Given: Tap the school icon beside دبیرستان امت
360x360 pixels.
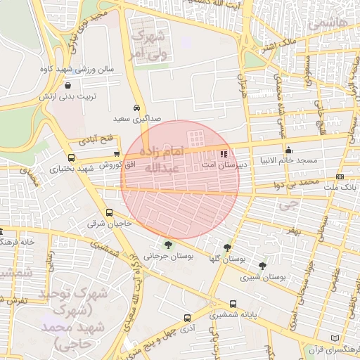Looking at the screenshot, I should [x=224, y=153].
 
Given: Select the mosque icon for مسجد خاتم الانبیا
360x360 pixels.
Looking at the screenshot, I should [x=289, y=150].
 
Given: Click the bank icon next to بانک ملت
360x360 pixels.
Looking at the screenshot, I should [x=340, y=176].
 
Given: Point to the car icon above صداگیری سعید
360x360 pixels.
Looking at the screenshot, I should [x=136, y=108].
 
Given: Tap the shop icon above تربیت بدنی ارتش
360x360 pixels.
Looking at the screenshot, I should [x=67, y=85].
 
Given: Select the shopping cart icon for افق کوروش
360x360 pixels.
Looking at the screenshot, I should [x=117, y=154].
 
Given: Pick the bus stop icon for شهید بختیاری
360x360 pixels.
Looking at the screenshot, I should [x=71, y=157].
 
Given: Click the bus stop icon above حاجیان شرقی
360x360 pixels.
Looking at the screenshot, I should [x=109, y=212].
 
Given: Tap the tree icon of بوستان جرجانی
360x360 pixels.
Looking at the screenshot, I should [x=167, y=245].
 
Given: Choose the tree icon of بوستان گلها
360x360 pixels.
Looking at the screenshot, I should [x=226, y=247].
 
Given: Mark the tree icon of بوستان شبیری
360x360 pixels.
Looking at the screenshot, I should [x=262, y=266].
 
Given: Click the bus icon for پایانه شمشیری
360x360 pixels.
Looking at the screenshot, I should [x=233, y=305].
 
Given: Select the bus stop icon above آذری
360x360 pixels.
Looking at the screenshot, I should [x=187, y=318].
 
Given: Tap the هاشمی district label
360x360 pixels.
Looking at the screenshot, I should [x=333, y=23].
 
